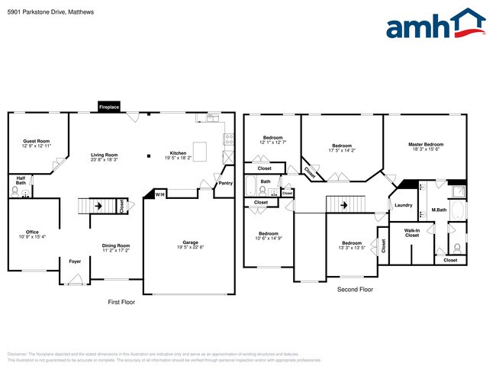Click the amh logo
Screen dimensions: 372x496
(436, 24)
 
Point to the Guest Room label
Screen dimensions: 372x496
(36, 141)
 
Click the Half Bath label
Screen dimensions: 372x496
(21, 181)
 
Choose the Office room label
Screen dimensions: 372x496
(31, 232)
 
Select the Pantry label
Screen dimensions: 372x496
(225, 183)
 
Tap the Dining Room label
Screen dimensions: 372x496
(116, 245)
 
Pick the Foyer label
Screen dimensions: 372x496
(75, 261)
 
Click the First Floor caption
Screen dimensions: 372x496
(123, 303)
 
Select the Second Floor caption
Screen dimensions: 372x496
(355, 290)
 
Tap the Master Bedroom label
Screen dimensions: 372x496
(426, 144)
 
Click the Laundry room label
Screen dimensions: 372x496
(404, 205)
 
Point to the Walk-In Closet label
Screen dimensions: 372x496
(412, 232)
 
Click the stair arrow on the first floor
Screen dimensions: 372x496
(97, 205)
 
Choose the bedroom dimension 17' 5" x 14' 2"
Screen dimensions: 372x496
(341, 151)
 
